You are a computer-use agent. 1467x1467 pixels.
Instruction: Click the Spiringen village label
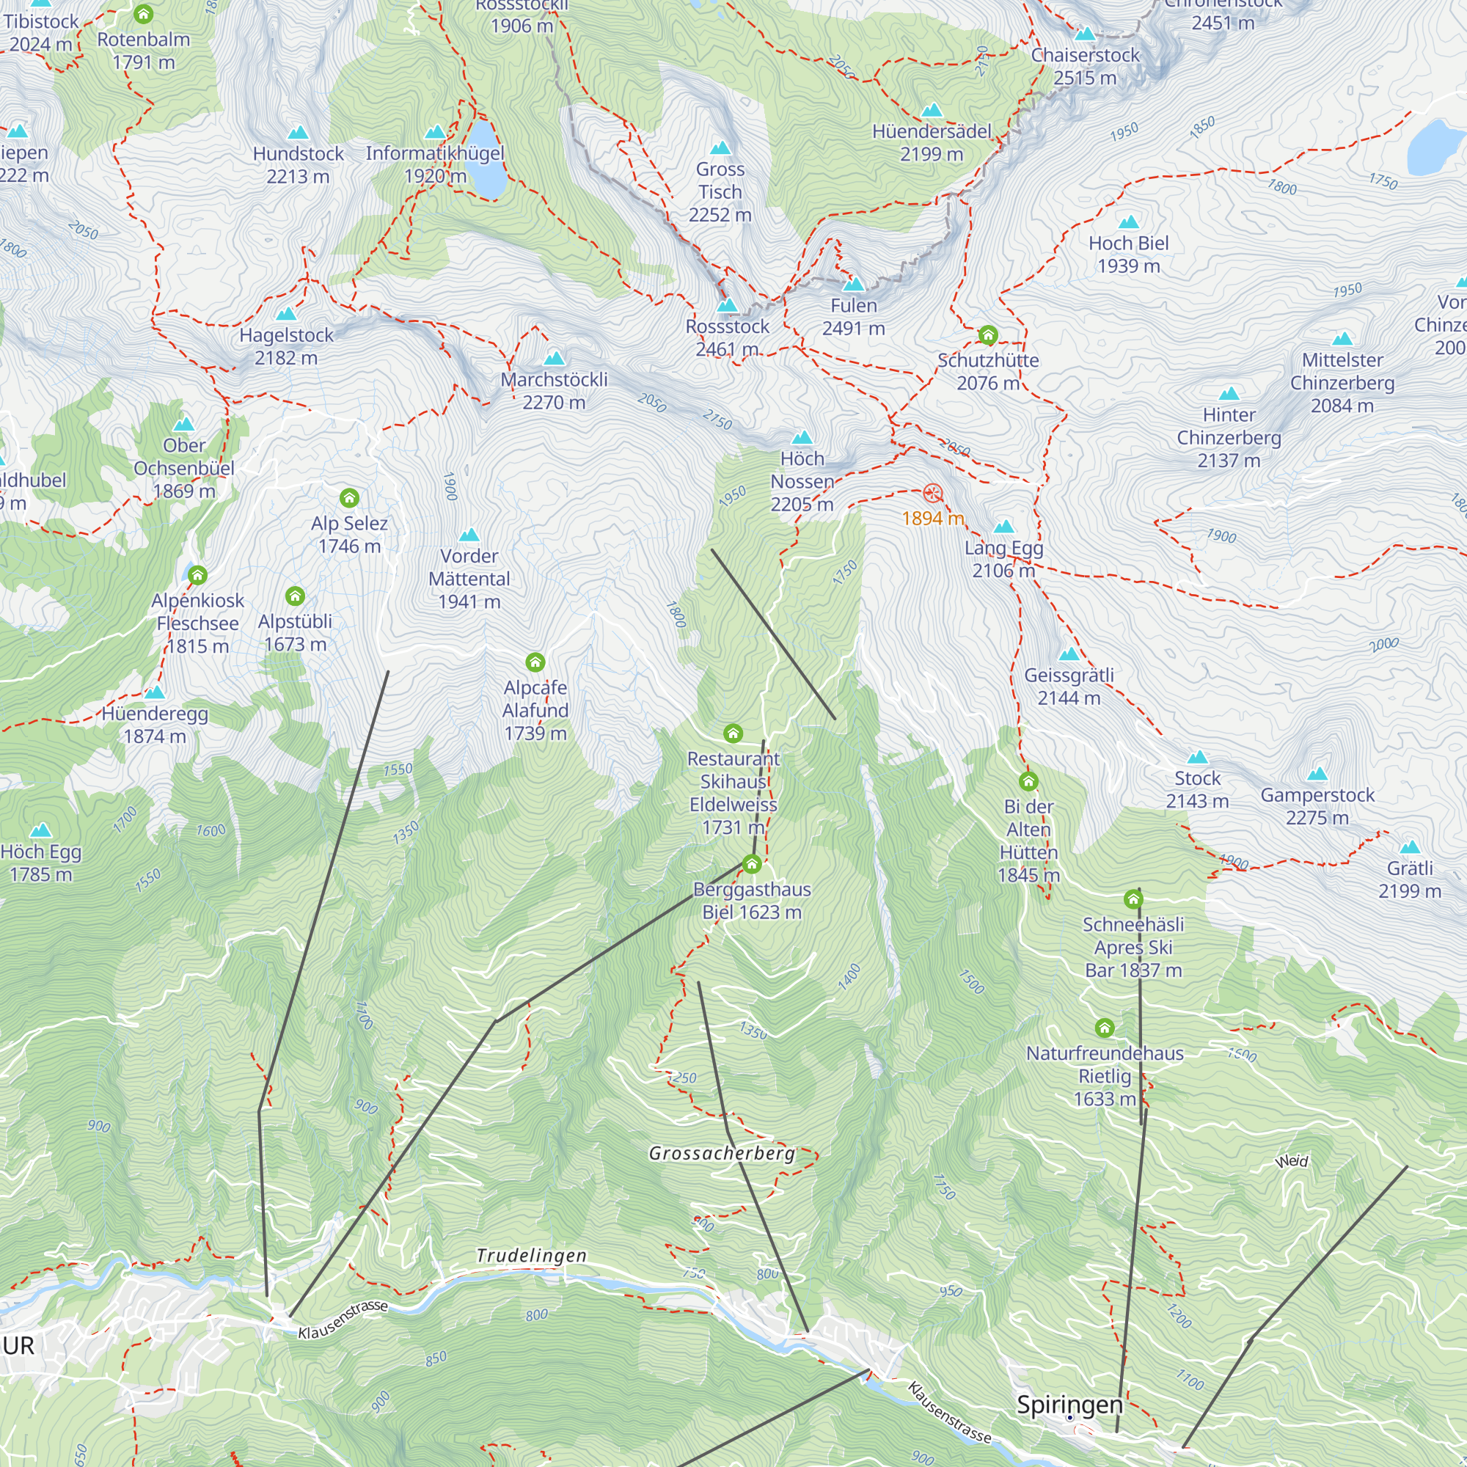click(x=1069, y=1405)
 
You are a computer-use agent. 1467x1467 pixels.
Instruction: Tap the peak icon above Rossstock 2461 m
click(x=728, y=305)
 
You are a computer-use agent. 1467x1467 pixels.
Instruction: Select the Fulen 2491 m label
click(x=854, y=317)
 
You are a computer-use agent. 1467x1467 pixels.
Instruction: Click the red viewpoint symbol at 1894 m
click(x=932, y=494)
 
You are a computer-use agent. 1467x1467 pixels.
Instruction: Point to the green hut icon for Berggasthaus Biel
click(x=752, y=864)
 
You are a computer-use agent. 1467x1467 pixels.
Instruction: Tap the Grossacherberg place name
click(x=721, y=1153)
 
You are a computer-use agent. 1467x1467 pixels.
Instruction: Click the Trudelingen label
click(x=532, y=1256)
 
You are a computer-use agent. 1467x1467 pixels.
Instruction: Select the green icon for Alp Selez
click(x=349, y=498)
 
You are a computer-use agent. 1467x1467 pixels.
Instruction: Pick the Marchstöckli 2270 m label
click(x=554, y=390)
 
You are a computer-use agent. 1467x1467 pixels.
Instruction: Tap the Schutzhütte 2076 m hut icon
click(x=988, y=335)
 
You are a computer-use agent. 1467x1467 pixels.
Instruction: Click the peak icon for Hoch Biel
click(x=1128, y=222)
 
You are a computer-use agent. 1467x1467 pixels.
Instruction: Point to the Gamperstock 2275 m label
click(x=1317, y=805)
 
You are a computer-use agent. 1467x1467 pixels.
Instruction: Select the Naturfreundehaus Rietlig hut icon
click(x=1105, y=1028)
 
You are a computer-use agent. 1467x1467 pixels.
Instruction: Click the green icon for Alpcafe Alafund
click(x=535, y=662)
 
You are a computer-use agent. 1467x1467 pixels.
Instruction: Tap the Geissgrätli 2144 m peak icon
click(x=1069, y=654)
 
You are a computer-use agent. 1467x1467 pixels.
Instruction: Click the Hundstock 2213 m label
click(x=298, y=165)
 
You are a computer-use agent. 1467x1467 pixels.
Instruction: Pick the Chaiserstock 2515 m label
click(x=1085, y=66)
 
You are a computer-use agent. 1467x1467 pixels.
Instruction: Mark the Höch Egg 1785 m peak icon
click(x=41, y=830)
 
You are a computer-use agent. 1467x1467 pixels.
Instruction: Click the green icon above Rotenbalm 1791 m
click(x=144, y=14)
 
